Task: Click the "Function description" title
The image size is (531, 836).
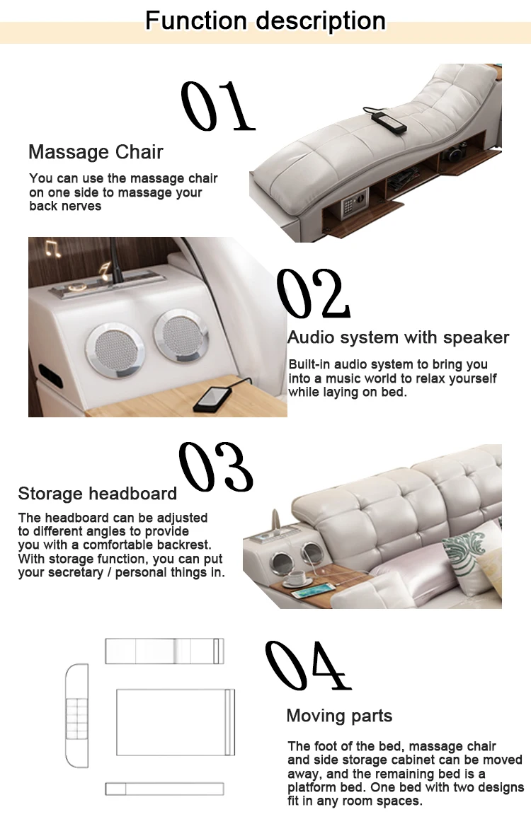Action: tap(265, 21)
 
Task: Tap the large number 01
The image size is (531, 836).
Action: tap(217, 105)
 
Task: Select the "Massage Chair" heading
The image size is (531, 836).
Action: tap(96, 152)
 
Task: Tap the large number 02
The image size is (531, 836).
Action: tap(313, 294)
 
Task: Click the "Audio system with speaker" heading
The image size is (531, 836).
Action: tap(398, 337)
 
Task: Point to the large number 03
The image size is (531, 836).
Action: tap(216, 467)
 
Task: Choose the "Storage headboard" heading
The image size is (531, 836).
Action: tap(98, 494)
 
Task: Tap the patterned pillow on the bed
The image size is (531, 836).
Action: tap(469, 552)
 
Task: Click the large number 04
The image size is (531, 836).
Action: tap(308, 665)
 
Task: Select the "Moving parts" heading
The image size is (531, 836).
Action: tap(339, 716)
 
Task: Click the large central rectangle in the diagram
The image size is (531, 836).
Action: tap(176, 722)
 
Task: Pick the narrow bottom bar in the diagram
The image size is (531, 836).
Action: tap(164, 789)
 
